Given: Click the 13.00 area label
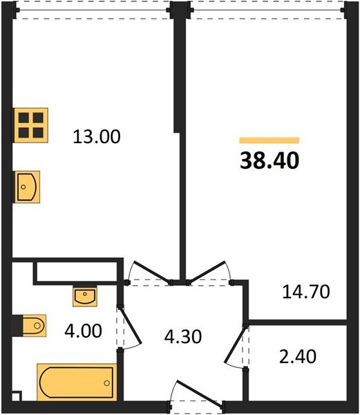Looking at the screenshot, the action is [x=97, y=136].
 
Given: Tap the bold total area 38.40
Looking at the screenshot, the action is [x=269, y=160].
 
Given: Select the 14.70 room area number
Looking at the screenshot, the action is [x=306, y=292].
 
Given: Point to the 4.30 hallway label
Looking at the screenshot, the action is [x=183, y=337].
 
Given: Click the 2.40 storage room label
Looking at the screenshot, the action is [x=298, y=356].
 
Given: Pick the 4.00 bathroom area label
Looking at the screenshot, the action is [x=83, y=331].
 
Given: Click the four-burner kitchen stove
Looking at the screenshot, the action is [x=30, y=125].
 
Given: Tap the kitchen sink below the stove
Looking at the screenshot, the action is [x=27, y=187].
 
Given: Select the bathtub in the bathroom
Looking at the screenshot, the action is [x=77, y=382].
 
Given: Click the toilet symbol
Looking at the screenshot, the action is [x=35, y=325].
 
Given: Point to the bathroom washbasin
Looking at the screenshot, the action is [x=85, y=296].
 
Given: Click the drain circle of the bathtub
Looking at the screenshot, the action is [x=107, y=383].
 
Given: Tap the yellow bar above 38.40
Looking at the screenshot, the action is [x=269, y=140].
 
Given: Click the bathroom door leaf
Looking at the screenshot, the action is [x=131, y=326].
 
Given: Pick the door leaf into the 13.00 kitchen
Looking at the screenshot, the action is [x=152, y=272].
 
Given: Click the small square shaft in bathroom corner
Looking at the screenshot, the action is [x=17, y=396].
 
